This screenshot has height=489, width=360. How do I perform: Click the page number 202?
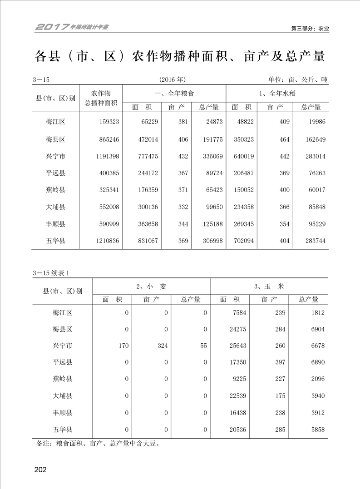[x=40, y=469]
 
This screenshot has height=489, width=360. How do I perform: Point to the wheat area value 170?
[x=123, y=346]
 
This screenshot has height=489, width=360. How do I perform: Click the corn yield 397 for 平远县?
[x=280, y=362]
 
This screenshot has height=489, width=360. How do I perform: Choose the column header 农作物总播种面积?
[x=101, y=98]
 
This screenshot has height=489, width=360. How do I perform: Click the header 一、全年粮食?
[x=174, y=93]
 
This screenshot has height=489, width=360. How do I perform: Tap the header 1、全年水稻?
[x=277, y=93]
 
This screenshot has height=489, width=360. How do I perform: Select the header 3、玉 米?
[x=269, y=286]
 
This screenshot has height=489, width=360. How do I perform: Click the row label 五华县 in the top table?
[x=55, y=241]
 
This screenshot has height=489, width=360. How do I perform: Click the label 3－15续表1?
[x=50, y=273]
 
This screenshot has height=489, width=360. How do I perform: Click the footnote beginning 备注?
[x=98, y=444]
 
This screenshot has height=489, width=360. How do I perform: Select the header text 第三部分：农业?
[x=310, y=29]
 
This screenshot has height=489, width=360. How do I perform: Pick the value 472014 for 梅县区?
[x=147, y=139]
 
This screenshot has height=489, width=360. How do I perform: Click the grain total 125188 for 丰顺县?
[x=211, y=224]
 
